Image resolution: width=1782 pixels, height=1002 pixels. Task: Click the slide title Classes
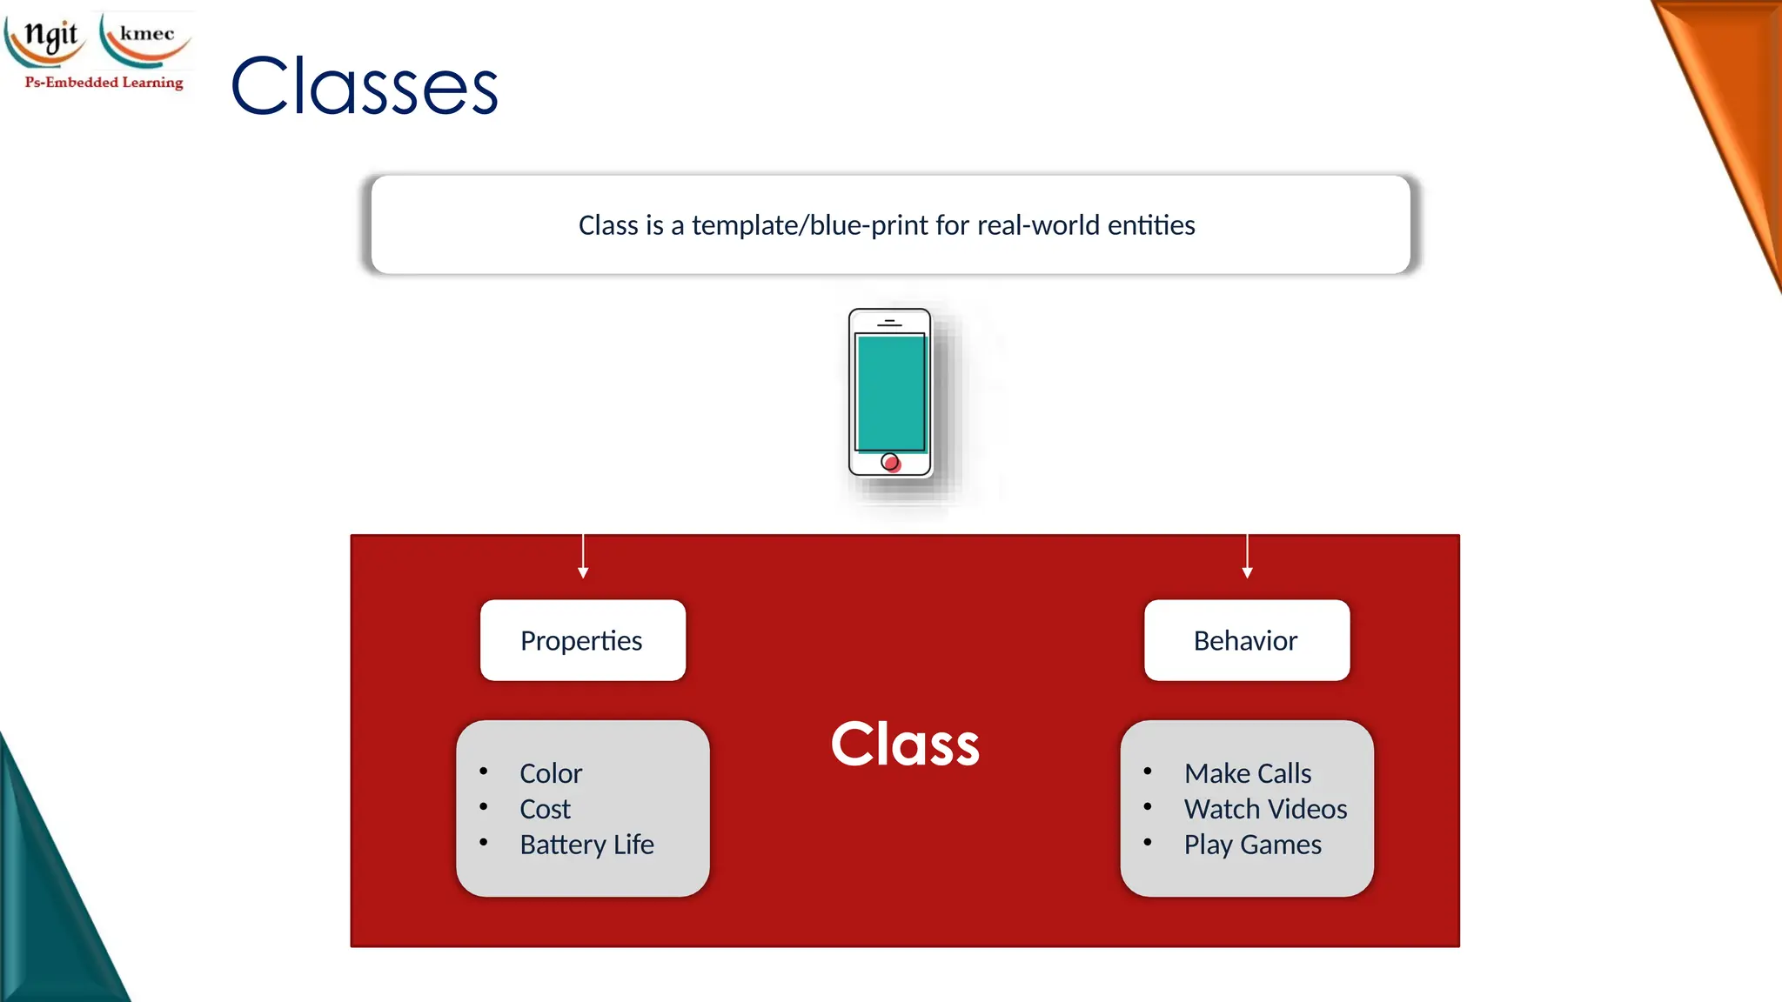point(364,85)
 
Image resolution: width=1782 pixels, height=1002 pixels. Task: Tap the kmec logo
point(145,37)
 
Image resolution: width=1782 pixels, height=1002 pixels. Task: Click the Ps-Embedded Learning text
point(104,83)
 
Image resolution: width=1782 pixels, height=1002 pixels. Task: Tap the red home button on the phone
point(890,462)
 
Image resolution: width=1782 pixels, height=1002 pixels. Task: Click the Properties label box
point(582,640)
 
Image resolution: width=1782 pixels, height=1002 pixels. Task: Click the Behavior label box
point(1246,640)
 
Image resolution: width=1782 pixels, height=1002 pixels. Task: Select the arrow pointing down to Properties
point(583,557)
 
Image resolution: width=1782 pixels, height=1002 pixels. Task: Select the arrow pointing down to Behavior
point(1247,557)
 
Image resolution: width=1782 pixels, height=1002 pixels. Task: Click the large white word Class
point(905,745)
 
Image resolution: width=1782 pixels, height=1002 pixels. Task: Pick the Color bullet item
point(551,773)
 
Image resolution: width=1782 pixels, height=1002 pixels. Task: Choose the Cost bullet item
point(545,809)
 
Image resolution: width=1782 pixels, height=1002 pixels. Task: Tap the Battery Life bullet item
point(586,845)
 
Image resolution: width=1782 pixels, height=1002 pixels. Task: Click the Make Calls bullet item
point(1247,773)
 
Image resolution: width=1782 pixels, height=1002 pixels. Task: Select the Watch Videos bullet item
point(1265,809)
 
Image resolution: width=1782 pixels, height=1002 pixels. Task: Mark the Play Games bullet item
point(1252,845)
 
